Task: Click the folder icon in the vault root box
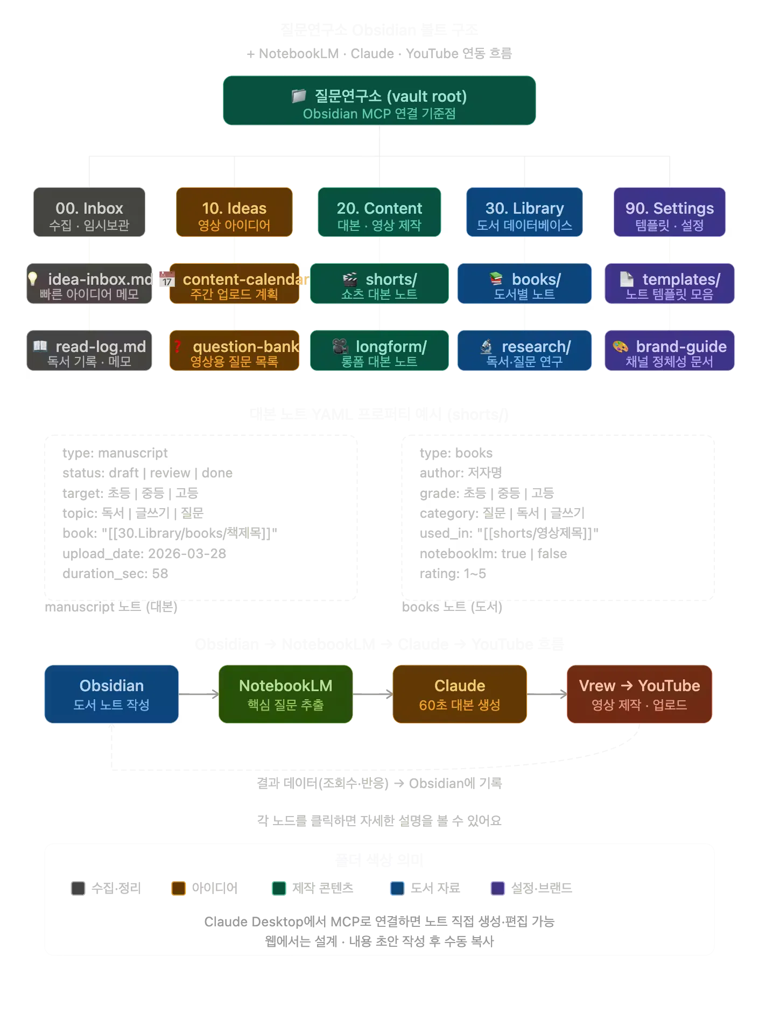pos(299,96)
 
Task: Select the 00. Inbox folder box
pos(89,212)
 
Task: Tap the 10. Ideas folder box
pos(234,212)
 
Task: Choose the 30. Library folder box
pos(524,212)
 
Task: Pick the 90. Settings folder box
pos(669,212)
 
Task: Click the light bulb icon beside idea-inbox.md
pos(33,278)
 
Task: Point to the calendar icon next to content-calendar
pos(167,279)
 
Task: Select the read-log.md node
pos(89,351)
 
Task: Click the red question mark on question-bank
pos(178,346)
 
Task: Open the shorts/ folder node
pos(380,284)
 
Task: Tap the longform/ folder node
pos(380,351)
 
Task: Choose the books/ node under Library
pos(524,284)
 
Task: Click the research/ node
pos(524,351)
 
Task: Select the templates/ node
pos(669,284)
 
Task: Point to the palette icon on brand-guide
pos(621,346)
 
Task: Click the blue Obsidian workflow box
pos(111,694)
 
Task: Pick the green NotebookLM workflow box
pos(285,694)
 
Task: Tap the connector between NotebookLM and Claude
pos(373,695)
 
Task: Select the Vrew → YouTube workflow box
pos(639,694)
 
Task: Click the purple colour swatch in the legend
pos(497,888)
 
